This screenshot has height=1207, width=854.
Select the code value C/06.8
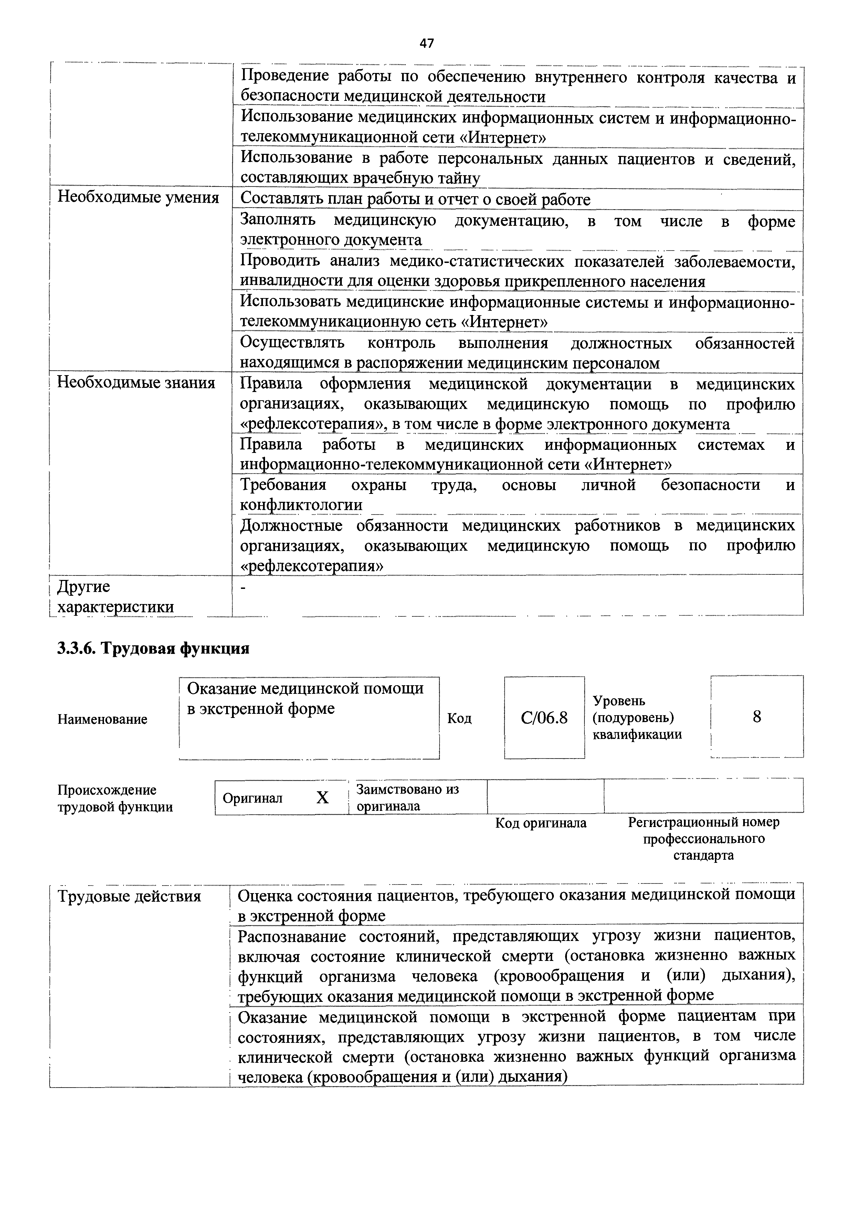[544, 718]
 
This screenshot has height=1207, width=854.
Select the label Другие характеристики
[115, 597]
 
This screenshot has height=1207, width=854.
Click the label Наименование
[103, 719]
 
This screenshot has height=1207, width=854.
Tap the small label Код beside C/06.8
[459, 718]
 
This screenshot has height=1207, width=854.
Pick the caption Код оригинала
[540, 823]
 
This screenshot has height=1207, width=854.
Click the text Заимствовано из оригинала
[408, 797]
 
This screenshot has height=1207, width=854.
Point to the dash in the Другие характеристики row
[243, 589]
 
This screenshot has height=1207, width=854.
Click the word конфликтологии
[301, 505]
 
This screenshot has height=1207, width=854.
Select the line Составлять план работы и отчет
[415, 200]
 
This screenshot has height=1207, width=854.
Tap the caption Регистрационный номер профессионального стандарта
[704, 838]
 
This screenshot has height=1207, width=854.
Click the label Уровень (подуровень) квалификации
[637, 718]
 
